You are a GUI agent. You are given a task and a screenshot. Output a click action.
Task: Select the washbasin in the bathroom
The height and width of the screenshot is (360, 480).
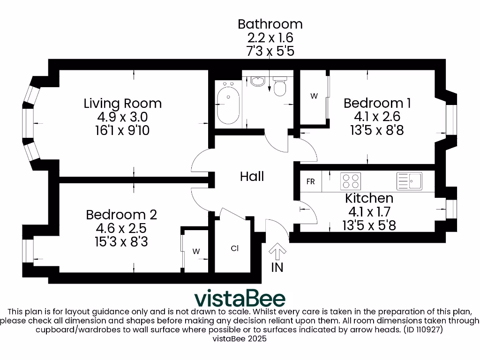coord(257,82)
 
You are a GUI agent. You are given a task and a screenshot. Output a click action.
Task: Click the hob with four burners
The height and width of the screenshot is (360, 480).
coord(351,181)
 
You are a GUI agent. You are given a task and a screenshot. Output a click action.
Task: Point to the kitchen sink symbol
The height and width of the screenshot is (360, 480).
coord(409,181)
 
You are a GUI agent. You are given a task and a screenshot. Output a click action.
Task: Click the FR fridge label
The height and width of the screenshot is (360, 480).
coord(310,182)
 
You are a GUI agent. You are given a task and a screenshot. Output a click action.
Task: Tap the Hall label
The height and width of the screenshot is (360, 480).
coord(252,177)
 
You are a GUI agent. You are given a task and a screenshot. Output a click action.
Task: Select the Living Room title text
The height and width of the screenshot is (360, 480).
coord(123,103)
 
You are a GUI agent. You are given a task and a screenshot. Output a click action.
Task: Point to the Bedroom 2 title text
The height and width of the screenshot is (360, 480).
coord(121,215)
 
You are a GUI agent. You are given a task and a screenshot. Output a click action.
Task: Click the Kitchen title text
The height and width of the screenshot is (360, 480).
coord(369,198)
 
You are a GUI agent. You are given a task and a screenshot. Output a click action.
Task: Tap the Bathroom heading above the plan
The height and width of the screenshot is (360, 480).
coord(270,24)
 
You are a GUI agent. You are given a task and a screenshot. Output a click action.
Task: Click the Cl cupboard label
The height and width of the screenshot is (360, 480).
coord(235,249)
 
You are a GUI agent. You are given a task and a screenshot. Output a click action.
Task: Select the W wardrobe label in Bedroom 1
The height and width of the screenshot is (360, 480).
coord(314,96)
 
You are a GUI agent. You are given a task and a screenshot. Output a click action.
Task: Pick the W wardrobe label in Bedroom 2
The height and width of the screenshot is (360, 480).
coord(196,252)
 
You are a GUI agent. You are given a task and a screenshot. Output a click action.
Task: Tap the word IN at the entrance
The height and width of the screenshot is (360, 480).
coord(277,268)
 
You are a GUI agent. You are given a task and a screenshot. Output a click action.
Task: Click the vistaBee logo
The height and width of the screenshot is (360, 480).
coord(240,298)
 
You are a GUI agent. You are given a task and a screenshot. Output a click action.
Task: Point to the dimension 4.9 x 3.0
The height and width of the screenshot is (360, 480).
coord(123,117)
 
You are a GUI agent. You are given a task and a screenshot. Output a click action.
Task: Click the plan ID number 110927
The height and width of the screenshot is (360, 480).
coord(426,330)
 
